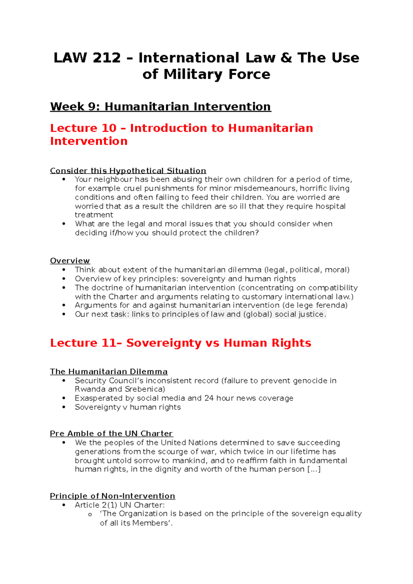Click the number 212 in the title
click(107, 58)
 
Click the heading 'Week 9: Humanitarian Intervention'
click(160, 107)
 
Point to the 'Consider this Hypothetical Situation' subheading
click(128, 171)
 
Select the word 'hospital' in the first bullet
click(331, 206)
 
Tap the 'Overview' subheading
click(70, 261)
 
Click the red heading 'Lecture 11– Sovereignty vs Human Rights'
click(181, 343)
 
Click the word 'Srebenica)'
click(145, 389)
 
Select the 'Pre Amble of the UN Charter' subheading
click(111, 434)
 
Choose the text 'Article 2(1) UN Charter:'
click(120, 505)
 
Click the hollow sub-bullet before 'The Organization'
click(90, 515)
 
